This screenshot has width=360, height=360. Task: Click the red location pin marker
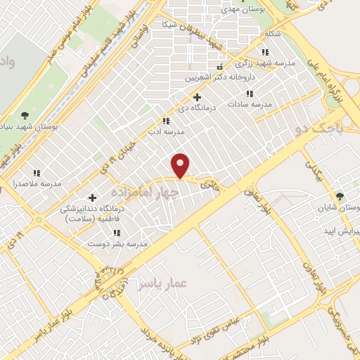click(x=181, y=165)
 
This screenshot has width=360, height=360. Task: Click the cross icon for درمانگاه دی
click(x=197, y=97)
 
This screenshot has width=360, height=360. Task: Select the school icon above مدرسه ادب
click(x=166, y=121)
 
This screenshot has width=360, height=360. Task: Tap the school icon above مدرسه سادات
click(x=249, y=93)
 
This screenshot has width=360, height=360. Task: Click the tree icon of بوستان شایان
click(x=341, y=195)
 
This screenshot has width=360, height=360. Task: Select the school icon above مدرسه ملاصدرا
click(x=36, y=172)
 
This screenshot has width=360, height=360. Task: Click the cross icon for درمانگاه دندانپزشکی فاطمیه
click(x=92, y=197)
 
